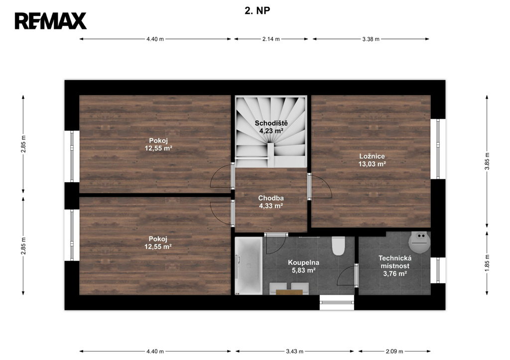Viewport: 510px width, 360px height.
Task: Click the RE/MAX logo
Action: click(x=50, y=21)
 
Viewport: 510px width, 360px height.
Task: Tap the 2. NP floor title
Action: click(x=257, y=11)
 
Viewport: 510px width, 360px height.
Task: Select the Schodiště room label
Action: click(x=271, y=123)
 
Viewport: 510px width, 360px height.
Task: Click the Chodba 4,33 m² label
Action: click(x=271, y=202)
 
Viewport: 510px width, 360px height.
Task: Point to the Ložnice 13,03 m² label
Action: click(x=372, y=160)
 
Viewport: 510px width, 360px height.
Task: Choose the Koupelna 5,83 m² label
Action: click(x=303, y=266)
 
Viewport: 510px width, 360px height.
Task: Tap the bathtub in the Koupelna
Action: click(x=249, y=266)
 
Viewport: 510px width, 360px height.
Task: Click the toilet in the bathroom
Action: click(x=338, y=246)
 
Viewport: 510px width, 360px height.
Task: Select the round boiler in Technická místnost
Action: click(x=419, y=242)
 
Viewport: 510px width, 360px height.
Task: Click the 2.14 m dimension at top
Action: click(x=271, y=39)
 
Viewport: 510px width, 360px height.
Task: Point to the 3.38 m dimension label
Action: click(x=371, y=39)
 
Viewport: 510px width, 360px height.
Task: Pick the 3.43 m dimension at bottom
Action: click(x=295, y=351)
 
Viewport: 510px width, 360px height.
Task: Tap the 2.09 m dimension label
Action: click(x=394, y=351)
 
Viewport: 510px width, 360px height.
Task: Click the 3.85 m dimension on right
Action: click(x=487, y=161)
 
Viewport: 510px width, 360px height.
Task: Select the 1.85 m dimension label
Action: click(x=487, y=263)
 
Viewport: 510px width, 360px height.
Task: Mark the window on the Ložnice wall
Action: click(x=438, y=149)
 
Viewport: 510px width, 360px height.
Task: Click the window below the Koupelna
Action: click(x=337, y=302)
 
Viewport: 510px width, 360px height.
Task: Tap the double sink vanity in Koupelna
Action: click(x=289, y=289)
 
